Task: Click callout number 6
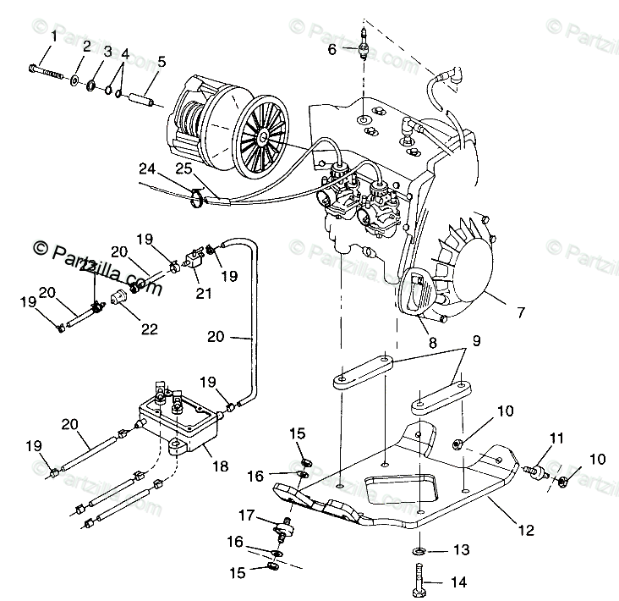333,49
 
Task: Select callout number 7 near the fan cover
520,312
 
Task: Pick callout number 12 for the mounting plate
525,531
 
